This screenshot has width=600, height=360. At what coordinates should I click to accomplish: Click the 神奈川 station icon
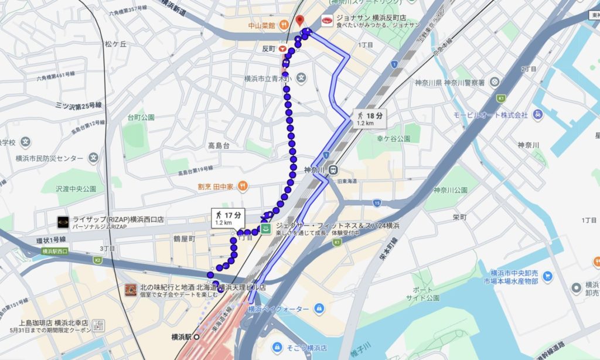tap(333, 170)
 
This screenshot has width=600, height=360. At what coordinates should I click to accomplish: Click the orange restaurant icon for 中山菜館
tap(282, 25)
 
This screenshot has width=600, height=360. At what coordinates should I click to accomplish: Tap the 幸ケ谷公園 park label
tap(393, 138)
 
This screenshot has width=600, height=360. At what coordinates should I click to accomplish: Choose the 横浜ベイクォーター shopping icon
tap(319, 308)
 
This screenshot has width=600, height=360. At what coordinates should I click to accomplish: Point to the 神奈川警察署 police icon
tap(495, 81)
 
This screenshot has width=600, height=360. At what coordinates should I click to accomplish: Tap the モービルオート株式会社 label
tap(490, 114)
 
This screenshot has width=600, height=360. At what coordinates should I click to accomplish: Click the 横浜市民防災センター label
tap(46, 158)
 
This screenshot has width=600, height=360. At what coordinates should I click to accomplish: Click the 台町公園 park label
tap(141, 117)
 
